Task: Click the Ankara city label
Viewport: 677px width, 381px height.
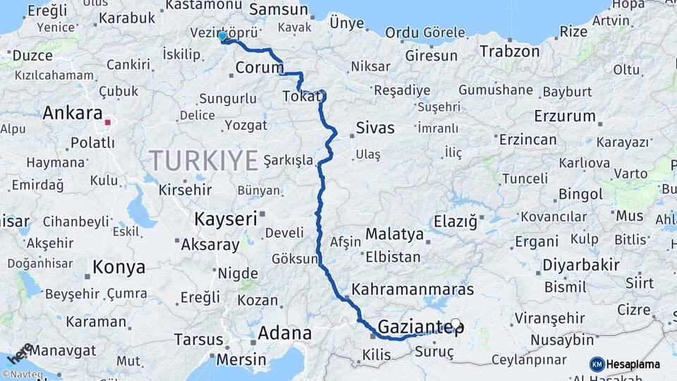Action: tap(73, 113)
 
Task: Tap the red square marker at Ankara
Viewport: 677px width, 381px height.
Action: tap(107, 122)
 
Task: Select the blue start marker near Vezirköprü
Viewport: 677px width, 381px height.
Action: tap(223, 35)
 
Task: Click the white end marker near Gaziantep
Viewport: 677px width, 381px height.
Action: tap(456, 325)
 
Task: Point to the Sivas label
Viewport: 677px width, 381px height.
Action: tap(374, 128)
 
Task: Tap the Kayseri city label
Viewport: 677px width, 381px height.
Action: tap(225, 219)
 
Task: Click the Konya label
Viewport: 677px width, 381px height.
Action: tap(118, 267)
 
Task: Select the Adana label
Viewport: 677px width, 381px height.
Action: tap(285, 332)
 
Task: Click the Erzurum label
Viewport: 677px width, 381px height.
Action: tap(565, 116)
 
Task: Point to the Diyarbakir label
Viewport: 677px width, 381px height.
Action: tap(583, 267)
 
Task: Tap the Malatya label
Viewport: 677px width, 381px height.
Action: tap(395, 234)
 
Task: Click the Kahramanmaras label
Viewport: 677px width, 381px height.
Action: tap(412, 289)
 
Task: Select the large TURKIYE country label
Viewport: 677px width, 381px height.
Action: tap(203, 161)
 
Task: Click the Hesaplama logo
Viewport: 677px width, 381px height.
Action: tap(625, 364)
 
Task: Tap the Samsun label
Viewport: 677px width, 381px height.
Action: tap(279, 10)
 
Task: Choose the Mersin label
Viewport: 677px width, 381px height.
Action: tap(241, 358)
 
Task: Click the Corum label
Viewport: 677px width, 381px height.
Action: tap(259, 68)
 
